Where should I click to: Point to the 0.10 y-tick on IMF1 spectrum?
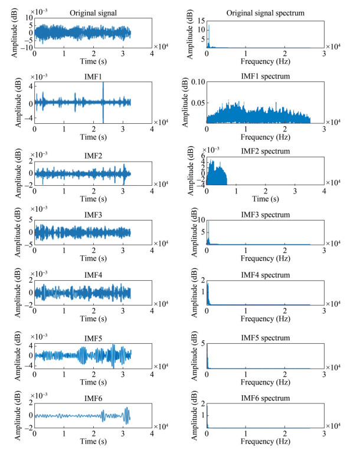(x=199, y=82)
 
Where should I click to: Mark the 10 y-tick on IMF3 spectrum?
(x=201, y=220)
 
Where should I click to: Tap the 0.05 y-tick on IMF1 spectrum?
(x=199, y=103)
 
